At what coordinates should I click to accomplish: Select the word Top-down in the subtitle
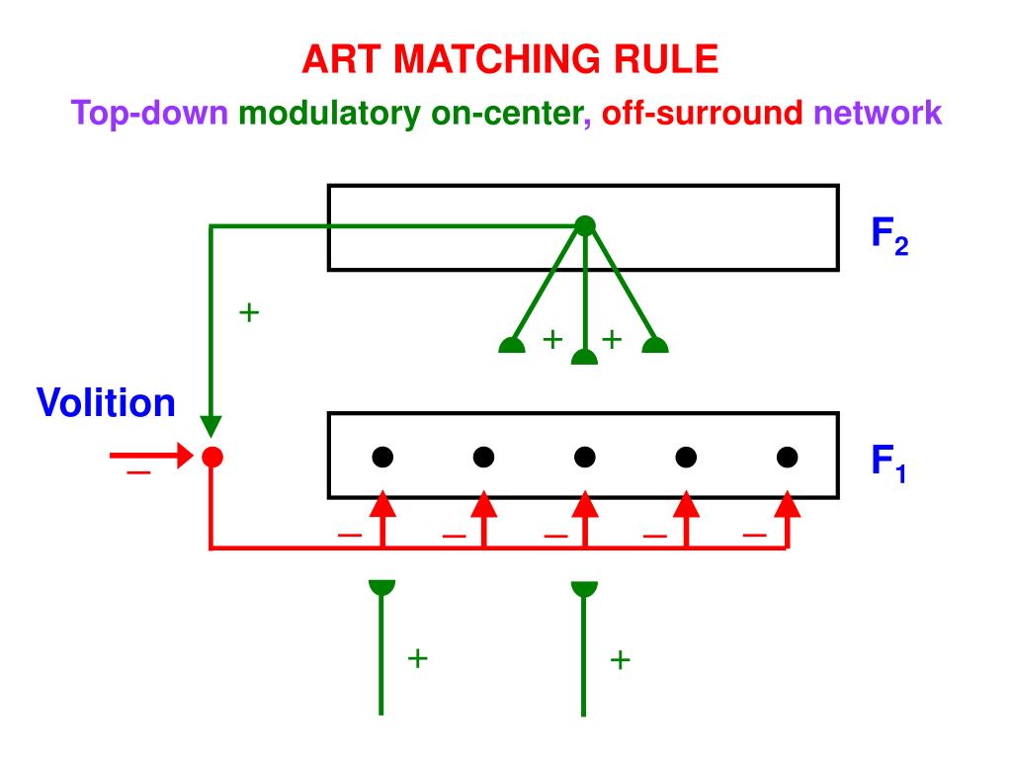coord(149,114)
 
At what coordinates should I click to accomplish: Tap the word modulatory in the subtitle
coord(331,114)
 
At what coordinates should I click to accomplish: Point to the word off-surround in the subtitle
coord(703,114)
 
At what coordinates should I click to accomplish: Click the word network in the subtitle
coord(878,114)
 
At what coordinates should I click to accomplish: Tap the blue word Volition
coord(107,403)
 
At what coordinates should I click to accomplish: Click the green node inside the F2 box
coord(585,226)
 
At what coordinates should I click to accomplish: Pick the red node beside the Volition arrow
coord(211,457)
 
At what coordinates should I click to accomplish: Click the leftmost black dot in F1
coord(382,457)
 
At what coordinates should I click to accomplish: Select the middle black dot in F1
coord(585,457)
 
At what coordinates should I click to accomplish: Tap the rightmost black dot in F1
coord(787,457)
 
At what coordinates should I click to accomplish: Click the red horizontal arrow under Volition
coord(148,457)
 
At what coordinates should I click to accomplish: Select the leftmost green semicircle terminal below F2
coord(511,346)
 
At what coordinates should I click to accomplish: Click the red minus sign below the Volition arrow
coord(137,474)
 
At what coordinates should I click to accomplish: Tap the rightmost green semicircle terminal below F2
coord(655,346)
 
